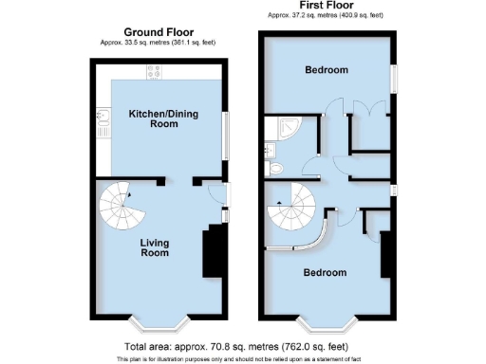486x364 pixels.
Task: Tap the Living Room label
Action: (x=155, y=247)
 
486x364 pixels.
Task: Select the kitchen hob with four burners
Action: (x=154, y=72)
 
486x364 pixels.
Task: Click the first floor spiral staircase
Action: (x=297, y=209)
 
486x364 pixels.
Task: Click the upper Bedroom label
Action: (x=326, y=70)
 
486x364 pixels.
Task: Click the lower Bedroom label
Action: (x=325, y=272)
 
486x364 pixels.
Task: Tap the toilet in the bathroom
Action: (x=277, y=167)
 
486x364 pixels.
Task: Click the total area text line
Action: (x=243, y=347)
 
